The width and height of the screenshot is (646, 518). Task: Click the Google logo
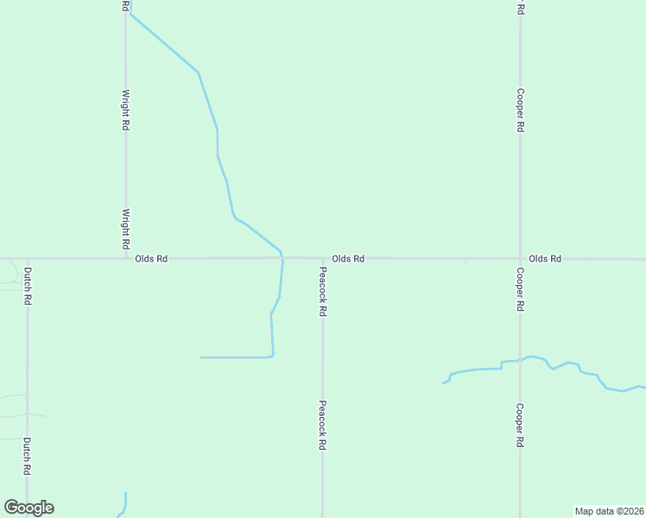[x=28, y=508]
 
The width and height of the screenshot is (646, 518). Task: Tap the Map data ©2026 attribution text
[x=609, y=510]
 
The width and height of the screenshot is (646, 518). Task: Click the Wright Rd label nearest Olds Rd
[x=126, y=229]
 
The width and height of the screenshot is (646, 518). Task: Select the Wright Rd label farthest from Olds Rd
[x=126, y=110]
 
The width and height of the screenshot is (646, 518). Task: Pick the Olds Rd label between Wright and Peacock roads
[x=151, y=258]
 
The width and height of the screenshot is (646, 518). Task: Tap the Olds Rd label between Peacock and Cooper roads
[x=348, y=258]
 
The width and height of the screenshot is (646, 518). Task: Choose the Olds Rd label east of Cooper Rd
[x=545, y=258]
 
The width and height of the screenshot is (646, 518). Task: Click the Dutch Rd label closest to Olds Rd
[x=28, y=286]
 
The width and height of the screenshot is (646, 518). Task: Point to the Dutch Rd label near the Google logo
[x=28, y=457]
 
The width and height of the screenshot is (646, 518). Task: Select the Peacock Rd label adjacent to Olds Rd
[x=322, y=291]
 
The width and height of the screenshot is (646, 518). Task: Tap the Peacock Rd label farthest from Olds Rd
[x=322, y=425]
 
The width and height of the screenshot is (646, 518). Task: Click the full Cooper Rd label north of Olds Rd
[x=520, y=110]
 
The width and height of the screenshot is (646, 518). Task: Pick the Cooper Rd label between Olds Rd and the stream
[x=520, y=289]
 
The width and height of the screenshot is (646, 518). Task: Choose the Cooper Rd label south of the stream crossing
[x=520, y=425]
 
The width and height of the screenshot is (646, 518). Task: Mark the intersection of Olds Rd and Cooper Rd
[x=520, y=258]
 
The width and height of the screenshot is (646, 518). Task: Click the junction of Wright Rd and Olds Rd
[x=126, y=257]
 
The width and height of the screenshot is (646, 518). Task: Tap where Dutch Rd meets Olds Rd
[x=28, y=257]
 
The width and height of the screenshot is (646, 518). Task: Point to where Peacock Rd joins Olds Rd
[x=323, y=257]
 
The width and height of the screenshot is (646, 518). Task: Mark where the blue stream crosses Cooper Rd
[x=520, y=359]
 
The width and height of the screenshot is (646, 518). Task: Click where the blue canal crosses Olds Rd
[x=282, y=257]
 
